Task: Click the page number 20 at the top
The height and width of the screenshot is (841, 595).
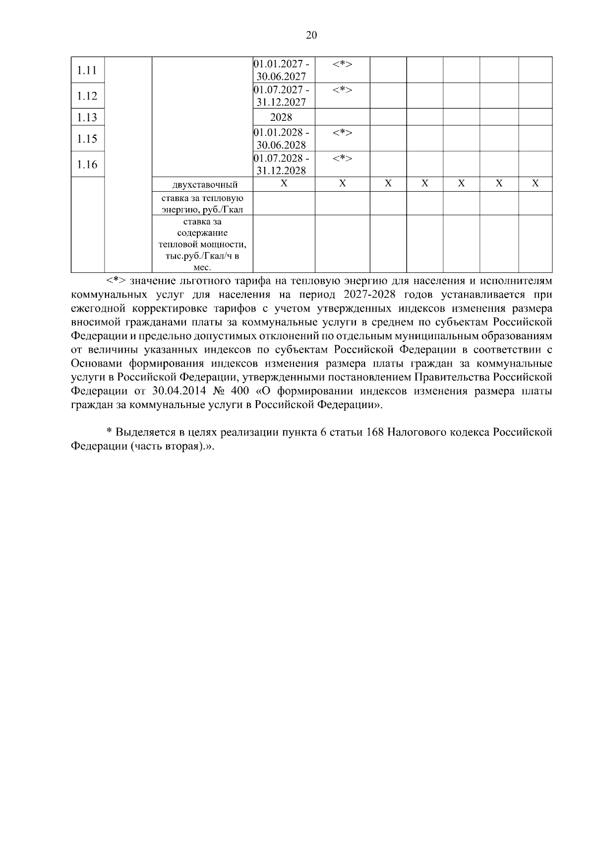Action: [311, 35]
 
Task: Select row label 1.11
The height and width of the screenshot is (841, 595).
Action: [87, 70]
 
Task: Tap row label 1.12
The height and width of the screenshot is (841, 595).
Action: [87, 96]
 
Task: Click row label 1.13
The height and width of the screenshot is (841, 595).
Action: [87, 117]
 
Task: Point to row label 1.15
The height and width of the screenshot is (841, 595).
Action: [87, 139]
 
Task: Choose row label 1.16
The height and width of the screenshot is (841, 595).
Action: [87, 164]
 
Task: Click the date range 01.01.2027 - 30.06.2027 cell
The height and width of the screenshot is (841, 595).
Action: [282, 70]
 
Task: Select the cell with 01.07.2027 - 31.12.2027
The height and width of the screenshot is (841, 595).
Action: [282, 96]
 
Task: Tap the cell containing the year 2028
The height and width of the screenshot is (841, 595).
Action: [281, 117]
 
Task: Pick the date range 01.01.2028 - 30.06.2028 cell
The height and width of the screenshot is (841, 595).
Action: [282, 139]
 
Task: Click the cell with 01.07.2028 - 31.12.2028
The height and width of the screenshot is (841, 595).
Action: [282, 164]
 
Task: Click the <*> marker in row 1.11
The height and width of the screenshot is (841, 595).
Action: [342, 64]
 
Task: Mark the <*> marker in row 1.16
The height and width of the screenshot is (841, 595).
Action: [342, 158]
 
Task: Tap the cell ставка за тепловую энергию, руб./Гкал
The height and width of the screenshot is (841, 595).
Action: [202, 204]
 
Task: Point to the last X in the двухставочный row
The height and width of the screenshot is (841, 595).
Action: [535, 184]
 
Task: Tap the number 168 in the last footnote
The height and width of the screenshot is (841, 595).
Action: [374, 432]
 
